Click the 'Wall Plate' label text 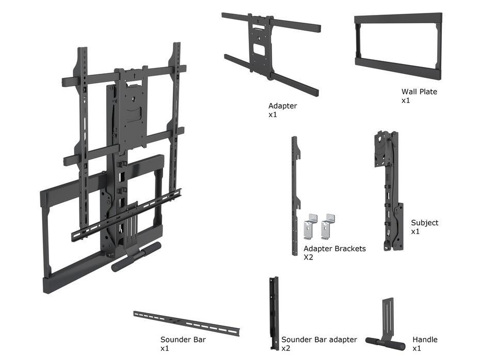[419, 92]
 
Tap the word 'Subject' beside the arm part [424, 223]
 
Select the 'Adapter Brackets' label [334, 249]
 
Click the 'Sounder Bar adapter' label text [319, 339]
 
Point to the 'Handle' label [425, 339]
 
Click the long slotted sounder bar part [186, 323]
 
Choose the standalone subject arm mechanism [388, 191]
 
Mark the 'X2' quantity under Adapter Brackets [308, 257]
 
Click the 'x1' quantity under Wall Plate [406, 100]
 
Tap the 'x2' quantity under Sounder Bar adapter [285, 348]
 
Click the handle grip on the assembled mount [137, 257]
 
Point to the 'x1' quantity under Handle [417, 348]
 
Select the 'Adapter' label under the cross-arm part [282, 106]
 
